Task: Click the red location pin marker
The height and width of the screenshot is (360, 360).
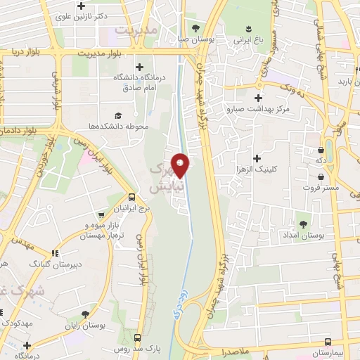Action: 181,165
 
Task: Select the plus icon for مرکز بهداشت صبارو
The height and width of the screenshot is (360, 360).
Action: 259,98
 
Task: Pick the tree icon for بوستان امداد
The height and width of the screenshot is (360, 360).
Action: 304,224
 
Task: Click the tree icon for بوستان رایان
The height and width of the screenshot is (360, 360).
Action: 84,314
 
